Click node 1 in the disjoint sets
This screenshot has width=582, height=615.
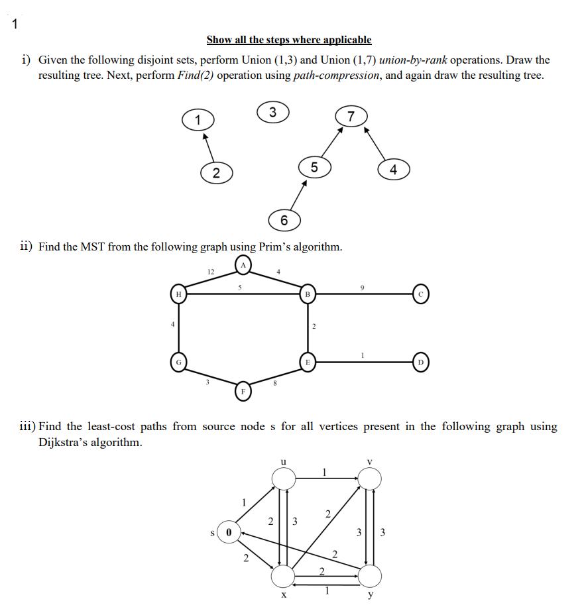[x=197, y=120]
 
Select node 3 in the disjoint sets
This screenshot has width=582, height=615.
[x=272, y=111]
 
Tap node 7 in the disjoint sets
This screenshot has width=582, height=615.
[x=351, y=117]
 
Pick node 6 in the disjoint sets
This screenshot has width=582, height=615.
[x=284, y=220]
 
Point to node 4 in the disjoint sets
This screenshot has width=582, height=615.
[x=393, y=170]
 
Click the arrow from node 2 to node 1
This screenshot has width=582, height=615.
[x=207, y=146]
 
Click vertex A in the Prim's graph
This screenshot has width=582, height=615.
[x=243, y=266]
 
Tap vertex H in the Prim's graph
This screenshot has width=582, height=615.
[x=178, y=293]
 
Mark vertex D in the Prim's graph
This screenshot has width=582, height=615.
[x=422, y=362]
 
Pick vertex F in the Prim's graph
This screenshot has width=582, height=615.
[x=243, y=391]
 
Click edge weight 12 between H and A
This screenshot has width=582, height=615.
[x=209, y=271]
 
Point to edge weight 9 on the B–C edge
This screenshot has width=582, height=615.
[x=361, y=286]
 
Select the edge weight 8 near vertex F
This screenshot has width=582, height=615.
[x=274, y=382]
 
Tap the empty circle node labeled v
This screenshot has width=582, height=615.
[x=369, y=477]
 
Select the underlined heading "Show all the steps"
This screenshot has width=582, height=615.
[x=288, y=40]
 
